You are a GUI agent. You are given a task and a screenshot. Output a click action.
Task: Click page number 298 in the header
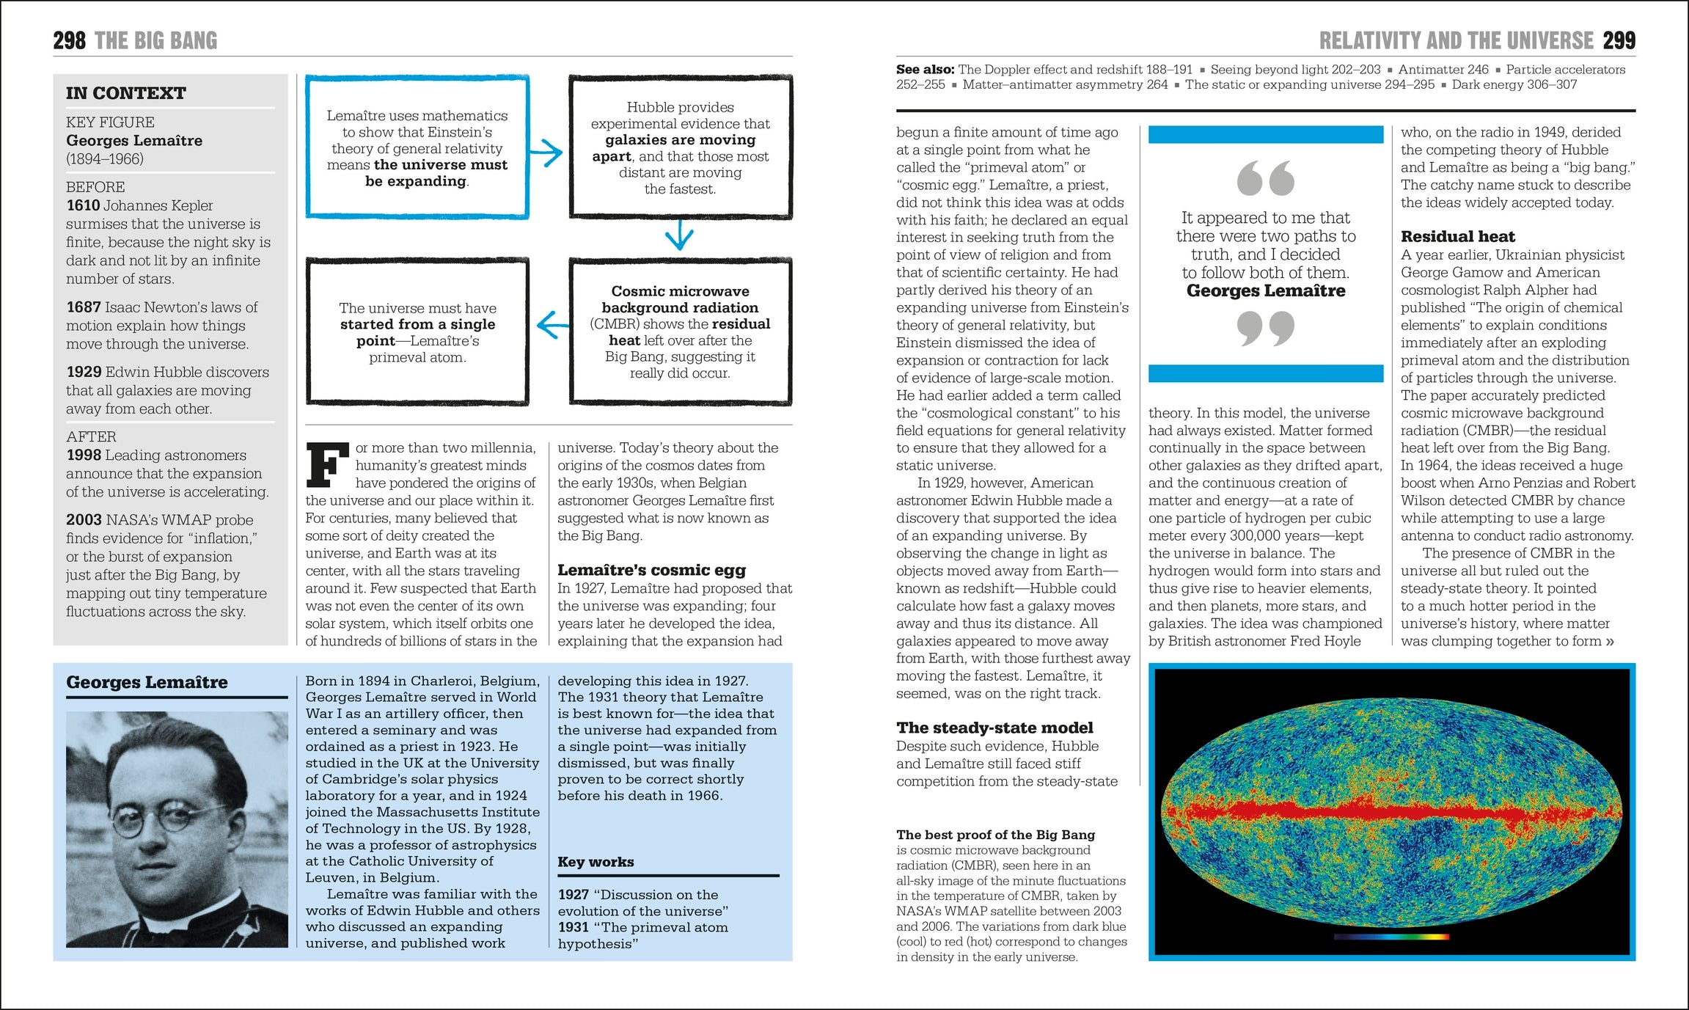(69, 40)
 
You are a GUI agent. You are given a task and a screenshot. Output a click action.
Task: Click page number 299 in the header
(1619, 40)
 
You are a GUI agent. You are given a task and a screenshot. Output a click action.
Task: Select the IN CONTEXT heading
(125, 93)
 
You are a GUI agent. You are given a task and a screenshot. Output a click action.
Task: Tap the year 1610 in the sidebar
(83, 205)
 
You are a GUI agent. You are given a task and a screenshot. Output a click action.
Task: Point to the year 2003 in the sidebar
(84, 520)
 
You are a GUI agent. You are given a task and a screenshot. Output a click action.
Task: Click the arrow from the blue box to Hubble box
(546, 153)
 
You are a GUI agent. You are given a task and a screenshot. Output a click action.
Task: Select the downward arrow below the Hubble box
(679, 236)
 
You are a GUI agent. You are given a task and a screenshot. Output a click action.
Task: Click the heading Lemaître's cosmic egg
(651, 570)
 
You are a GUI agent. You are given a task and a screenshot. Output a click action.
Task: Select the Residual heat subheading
(1457, 236)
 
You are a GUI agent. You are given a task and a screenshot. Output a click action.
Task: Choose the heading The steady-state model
(994, 728)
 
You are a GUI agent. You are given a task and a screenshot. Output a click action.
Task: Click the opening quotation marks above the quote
(1265, 178)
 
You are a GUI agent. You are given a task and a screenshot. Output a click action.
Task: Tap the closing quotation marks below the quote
(1265, 328)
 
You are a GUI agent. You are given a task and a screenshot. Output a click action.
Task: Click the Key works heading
(596, 862)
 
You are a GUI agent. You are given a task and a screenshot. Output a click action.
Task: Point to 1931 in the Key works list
(573, 927)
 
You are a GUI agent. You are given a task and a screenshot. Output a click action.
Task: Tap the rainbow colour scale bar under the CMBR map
(1391, 937)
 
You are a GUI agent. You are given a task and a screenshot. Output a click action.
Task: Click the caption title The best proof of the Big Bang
(995, 835)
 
